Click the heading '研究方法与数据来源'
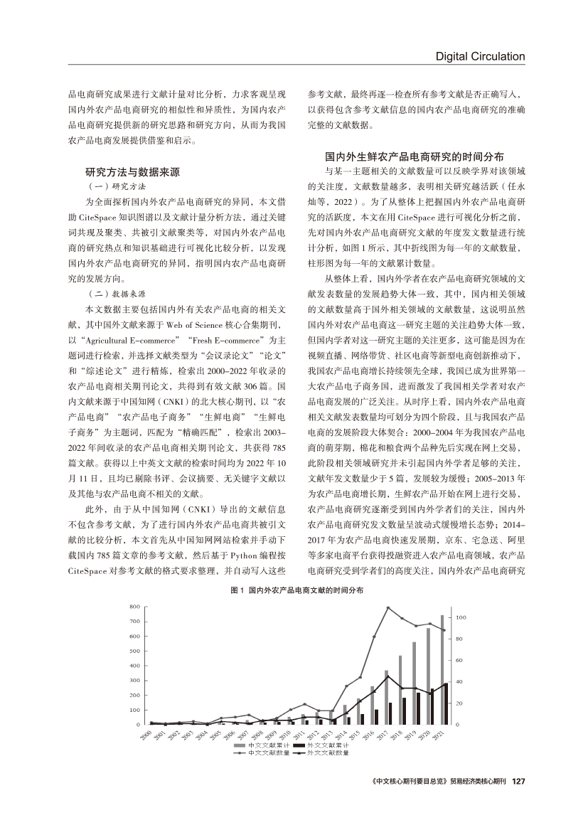click(x=132, y=172)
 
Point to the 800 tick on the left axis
click(x=134, y=606)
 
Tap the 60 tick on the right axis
click(x=459, y=661)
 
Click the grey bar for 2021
click(x=442, y=669)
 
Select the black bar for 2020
click(x=432, y=706)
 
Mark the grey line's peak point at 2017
click(x=387, y=607)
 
